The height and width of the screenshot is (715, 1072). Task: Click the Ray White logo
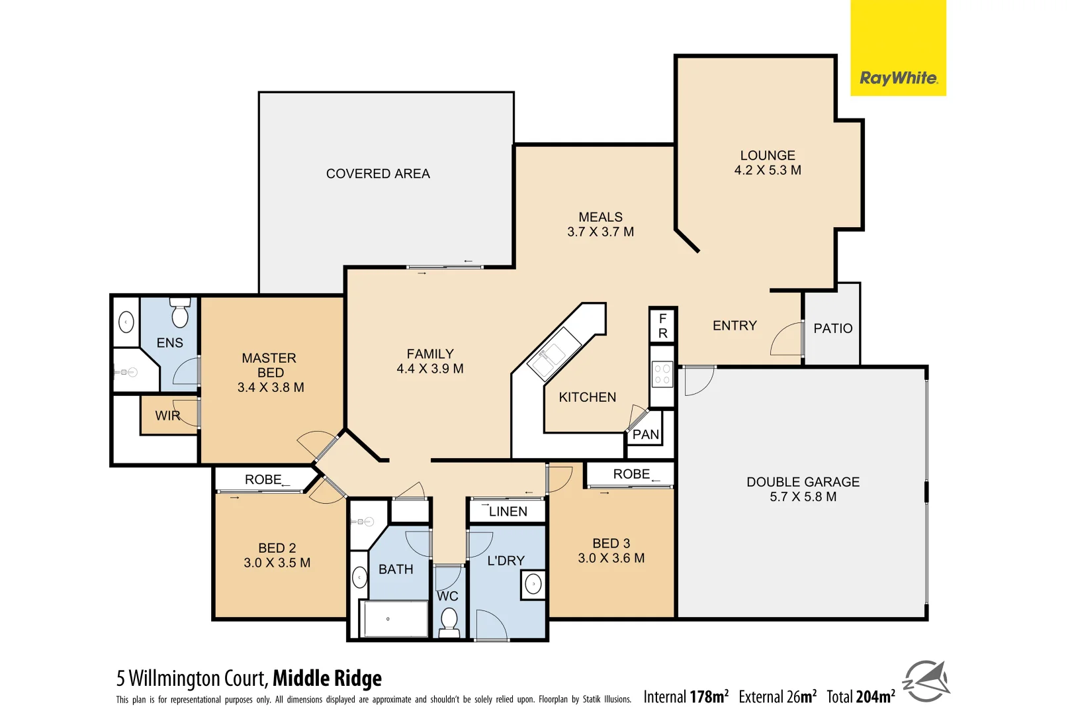(x=898, y=78)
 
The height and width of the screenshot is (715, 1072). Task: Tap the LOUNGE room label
(x=768, y=156)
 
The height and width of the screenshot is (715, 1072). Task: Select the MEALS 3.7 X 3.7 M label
(x=600, y=224)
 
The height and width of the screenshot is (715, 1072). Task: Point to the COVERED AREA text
(x=378, y=173)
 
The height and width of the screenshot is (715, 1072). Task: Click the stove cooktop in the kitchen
(x=662, y=374)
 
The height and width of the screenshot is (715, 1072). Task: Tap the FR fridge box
(x=662, y=326)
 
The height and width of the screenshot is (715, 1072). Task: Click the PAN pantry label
(x=646, y=435)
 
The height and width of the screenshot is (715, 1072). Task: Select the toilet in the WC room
(x=449, y=622)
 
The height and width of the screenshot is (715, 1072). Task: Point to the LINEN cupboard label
(x=508, y=512)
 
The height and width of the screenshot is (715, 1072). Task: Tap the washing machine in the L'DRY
(x=533, y=585)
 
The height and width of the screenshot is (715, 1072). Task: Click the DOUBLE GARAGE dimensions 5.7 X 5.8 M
(x=803, y=497)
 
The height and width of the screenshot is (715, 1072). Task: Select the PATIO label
(x=832, y=328)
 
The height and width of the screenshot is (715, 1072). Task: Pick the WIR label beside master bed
(x=167, y=416)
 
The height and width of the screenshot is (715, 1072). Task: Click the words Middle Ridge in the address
(x=327, y=679)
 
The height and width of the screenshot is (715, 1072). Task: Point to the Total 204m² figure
(x=860, y=696)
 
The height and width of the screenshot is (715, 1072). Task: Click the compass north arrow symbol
(x=926, y=681)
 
